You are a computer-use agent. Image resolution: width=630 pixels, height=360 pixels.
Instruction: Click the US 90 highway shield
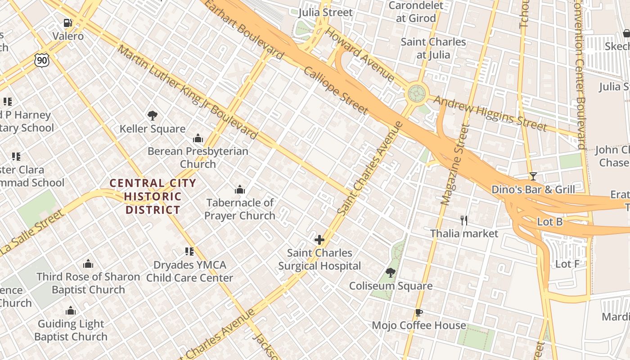click(41, 59)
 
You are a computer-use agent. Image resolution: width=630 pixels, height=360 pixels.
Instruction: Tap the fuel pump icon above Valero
click(67, 22)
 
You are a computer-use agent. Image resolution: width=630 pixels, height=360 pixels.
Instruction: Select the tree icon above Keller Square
click(152, 116)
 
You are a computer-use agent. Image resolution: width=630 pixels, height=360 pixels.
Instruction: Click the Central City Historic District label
click(153, 196)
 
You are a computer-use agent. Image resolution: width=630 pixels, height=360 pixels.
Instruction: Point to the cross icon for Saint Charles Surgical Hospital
click(319, 240)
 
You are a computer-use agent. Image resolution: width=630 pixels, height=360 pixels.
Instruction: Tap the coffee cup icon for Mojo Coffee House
click(418, 312)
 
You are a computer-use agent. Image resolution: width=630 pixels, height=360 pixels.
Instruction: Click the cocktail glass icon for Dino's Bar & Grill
click(533, 176)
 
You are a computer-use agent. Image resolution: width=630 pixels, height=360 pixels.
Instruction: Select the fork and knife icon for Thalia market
click(464, 220)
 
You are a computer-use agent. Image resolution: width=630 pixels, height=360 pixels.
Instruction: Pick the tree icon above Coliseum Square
click(391, 273)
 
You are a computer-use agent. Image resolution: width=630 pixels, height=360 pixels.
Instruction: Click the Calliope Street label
click(336, 90)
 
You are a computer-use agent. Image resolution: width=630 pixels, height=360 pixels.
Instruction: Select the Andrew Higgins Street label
click(490, 113)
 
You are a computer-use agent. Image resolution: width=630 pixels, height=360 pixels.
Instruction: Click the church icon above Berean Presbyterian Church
click(198, 139)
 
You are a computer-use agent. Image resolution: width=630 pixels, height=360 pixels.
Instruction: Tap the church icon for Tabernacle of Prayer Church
click(240, 189)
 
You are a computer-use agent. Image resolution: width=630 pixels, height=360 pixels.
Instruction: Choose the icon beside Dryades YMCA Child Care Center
click(189, 252)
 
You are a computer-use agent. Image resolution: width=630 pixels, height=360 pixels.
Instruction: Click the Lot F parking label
click(567, 264)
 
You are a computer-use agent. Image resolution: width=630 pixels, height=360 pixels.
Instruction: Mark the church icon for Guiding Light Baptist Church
click(71, 310)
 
